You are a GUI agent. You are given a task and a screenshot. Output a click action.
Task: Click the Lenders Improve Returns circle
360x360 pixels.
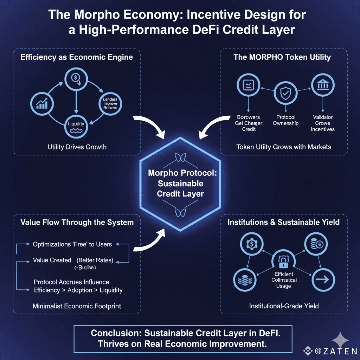click(110, 103)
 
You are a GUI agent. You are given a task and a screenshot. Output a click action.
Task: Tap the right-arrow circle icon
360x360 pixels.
click(323, 281)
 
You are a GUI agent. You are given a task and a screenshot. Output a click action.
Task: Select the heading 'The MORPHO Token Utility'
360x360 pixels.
click(282, 57)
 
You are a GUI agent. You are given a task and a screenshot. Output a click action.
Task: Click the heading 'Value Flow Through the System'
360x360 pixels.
click(77, 222)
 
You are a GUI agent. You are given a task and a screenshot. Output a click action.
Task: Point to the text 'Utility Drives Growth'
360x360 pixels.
click(77, 147)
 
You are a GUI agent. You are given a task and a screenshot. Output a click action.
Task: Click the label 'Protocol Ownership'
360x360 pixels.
click(285, 120)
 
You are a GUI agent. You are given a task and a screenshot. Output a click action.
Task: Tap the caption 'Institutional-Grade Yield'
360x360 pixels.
click(284, 306)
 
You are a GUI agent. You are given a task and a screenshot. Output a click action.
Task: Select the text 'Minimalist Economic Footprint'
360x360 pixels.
click(77, 306)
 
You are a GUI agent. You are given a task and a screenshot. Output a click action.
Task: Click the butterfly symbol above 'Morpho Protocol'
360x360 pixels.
click(180, 158)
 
